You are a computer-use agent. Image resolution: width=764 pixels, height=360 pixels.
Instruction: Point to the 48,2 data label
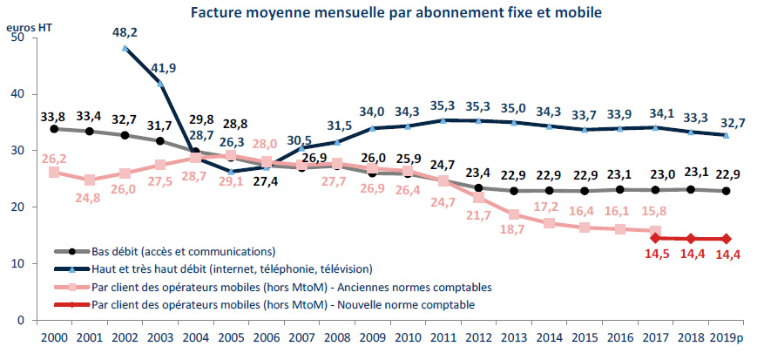coord(125,31)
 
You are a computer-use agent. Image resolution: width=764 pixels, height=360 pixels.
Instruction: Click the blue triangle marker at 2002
coord(125,49)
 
